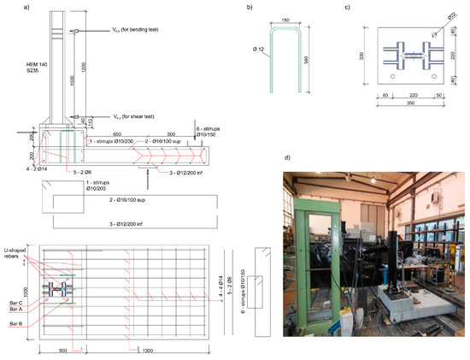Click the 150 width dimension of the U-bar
coord(281,19)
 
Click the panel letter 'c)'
coord(345,7)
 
